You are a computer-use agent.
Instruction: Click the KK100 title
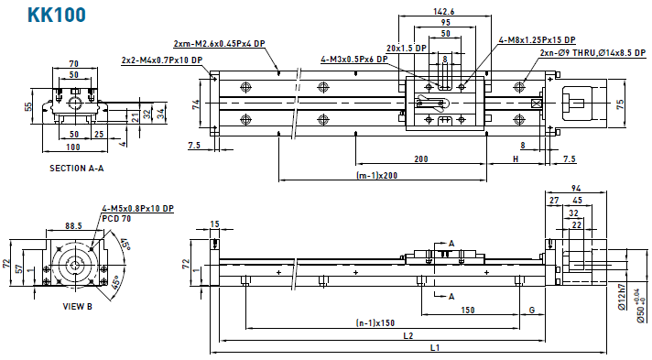[57, 14]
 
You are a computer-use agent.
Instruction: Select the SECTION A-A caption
[77, 169]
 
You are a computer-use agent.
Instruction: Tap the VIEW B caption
[77, 307]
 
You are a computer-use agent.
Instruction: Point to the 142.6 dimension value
[444, 12]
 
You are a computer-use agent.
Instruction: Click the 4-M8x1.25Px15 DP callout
[538, 40]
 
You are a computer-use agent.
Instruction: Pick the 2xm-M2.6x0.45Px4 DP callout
[219, 44]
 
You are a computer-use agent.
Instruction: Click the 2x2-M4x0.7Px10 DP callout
[162, 60]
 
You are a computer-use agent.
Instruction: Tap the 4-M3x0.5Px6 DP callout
[353, 60]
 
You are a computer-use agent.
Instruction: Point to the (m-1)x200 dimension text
[376, 175]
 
